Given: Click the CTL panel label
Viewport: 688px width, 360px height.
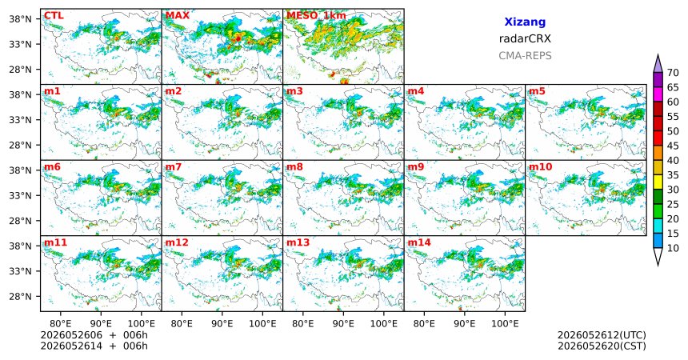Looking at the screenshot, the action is [x=54, y=16].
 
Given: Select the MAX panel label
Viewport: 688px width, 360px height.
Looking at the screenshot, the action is [x=178, y=16].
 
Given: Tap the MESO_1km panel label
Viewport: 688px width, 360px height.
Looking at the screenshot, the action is [x=316, y=16].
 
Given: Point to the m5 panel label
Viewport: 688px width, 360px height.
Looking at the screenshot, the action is [x=537, y=91].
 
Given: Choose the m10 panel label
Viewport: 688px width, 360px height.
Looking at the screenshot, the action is [x=540, y=167].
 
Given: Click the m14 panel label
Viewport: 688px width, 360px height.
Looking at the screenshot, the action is [x=419, y=242].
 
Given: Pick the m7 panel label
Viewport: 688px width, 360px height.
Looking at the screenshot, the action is [x=174, y=167].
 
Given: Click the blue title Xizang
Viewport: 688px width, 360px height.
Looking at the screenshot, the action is [x=525, y=22].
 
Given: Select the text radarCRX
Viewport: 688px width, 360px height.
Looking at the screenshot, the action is [x=525, y=38].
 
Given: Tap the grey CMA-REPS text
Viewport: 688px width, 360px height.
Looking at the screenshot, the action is [x=525, y=56].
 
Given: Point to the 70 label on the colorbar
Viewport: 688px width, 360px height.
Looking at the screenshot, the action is [x=673, y=73].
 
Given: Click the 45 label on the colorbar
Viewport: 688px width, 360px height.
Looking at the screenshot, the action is [x=673, y=146].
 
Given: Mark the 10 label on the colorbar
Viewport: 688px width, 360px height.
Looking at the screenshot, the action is [x=673, y=248].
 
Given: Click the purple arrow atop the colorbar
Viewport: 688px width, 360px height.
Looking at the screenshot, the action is [x=658, y=64].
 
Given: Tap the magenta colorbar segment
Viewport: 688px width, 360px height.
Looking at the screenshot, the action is [x=658, y=94].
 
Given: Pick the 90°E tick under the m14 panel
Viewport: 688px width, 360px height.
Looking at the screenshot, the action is [x=465, y=324].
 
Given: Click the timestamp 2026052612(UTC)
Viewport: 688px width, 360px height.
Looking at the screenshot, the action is [x=602, y=335].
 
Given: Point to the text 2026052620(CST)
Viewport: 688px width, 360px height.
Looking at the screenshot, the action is [x=602, y=346].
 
